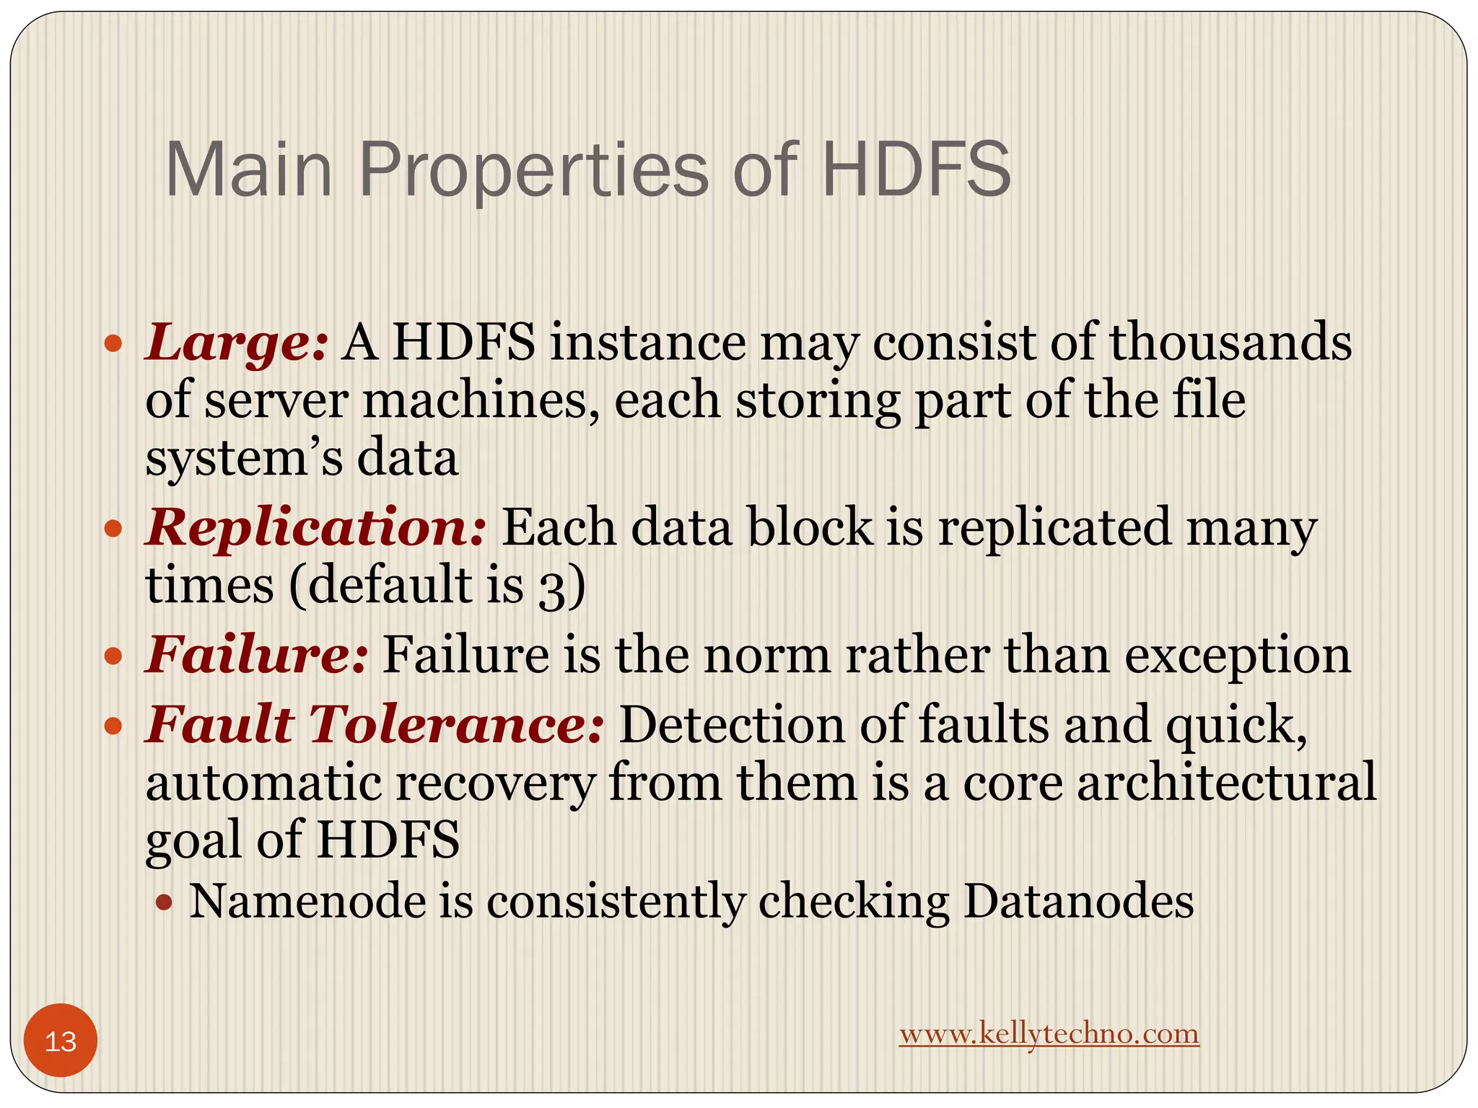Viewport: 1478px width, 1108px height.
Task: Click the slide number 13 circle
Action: click(x=61, y=1041)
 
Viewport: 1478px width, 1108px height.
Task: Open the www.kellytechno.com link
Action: click(x=1049, y=1034)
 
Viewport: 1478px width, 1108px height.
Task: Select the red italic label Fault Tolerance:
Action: click(x=375, y=724)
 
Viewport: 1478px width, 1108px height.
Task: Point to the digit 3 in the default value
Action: click(x=552, y=588)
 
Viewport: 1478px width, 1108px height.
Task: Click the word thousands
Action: click(x=1230, y=341)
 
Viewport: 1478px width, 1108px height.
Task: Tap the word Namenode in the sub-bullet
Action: click(x=307, y=901)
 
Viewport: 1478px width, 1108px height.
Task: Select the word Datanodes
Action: click(x=1079, y=901)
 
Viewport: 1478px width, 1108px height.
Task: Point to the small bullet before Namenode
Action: click(x=165, y=902)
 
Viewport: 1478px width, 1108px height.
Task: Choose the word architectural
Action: click(x=1227, y=783)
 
